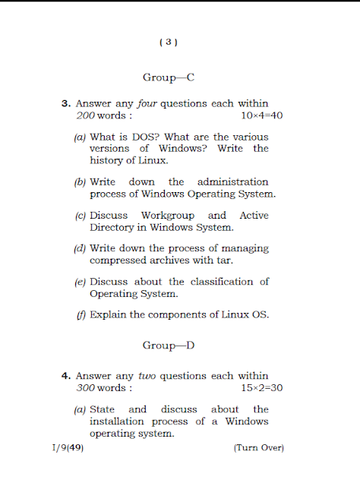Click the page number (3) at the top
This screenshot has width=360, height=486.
click(169, 43)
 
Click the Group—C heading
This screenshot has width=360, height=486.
click(169, 77)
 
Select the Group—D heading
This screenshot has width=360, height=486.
click(169, 346)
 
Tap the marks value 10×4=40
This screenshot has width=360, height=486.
click(262, 115)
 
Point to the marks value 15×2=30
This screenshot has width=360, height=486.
click(262, 387)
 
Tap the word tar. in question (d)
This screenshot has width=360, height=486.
click(224, 260)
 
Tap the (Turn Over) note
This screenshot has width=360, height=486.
click(258, 448)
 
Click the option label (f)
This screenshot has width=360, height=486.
click(81, 314)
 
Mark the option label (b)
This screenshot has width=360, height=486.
click(80, 182)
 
